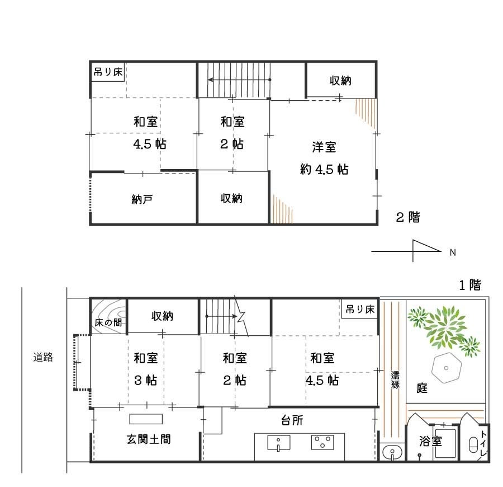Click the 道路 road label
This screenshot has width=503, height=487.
click(x=44, y=357)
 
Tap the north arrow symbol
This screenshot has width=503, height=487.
click(x=414, y=251)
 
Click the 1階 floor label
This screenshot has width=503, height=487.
click(x=469, y=285)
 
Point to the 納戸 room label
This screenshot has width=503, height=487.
click(x=143, y=199)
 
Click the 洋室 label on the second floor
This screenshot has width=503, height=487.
click(x=324, y=148)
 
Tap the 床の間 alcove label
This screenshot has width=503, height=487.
click(x=108, y=322)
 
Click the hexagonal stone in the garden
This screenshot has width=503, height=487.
click(x=446, y=368)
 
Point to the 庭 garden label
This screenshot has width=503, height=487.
click(x=422, y=388)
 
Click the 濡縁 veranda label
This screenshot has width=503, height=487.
click(x=395, y=379)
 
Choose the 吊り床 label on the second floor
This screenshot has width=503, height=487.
click(x=108, y=72)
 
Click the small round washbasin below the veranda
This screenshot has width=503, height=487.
click(x=393, y=451)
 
